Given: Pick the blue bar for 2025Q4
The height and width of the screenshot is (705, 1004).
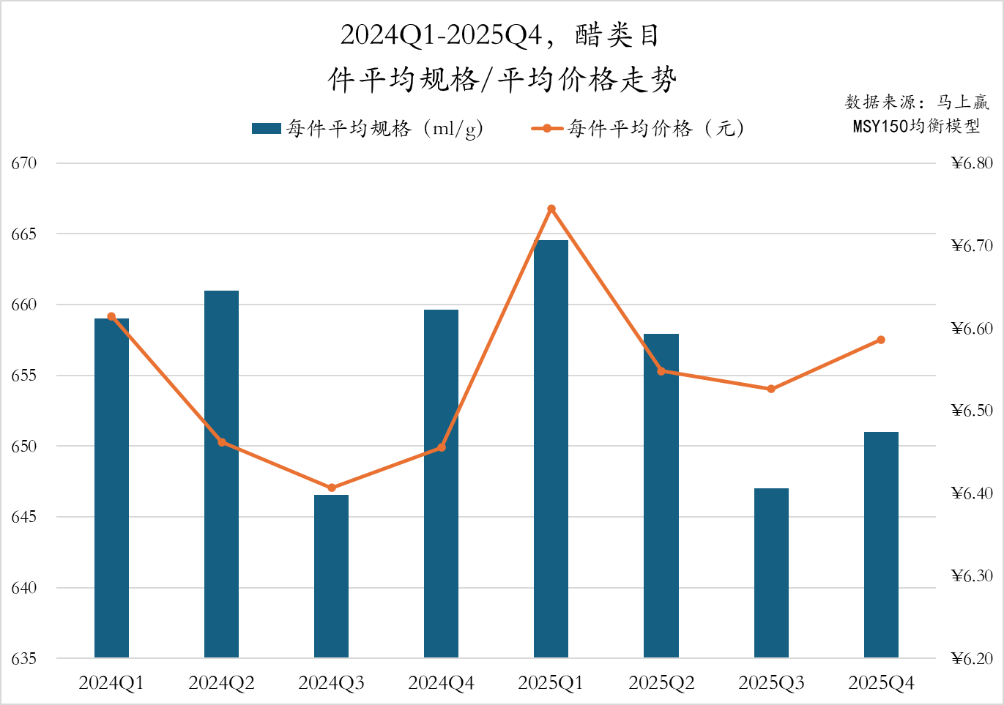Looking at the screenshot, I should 881,545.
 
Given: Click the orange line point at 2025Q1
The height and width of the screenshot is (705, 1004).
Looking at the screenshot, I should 551,209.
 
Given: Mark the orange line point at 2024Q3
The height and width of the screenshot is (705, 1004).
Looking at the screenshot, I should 332,488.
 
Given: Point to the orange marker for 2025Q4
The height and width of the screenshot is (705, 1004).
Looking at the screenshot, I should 881,340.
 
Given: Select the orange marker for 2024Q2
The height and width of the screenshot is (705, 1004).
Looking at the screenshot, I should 222,442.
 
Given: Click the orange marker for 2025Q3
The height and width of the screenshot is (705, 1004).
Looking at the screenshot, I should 771,389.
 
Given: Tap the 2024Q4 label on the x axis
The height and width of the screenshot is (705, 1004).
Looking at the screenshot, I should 441,683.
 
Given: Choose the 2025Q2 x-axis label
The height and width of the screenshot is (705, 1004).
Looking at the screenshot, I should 661,683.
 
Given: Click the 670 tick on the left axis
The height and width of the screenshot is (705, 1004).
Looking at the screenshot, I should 23,163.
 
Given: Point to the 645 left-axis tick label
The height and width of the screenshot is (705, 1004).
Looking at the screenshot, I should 23,517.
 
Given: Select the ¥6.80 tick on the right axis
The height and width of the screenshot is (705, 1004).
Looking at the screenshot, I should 972,163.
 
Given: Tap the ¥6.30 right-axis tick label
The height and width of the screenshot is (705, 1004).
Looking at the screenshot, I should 972,576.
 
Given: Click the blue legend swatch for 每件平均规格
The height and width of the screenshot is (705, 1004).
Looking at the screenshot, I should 266,129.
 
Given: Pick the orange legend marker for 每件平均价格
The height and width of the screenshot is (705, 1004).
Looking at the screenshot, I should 547,129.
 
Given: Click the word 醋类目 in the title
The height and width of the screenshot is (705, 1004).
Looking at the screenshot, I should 617,35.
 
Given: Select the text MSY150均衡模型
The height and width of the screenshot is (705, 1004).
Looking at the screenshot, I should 916,126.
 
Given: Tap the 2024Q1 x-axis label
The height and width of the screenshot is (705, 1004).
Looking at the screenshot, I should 111,683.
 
